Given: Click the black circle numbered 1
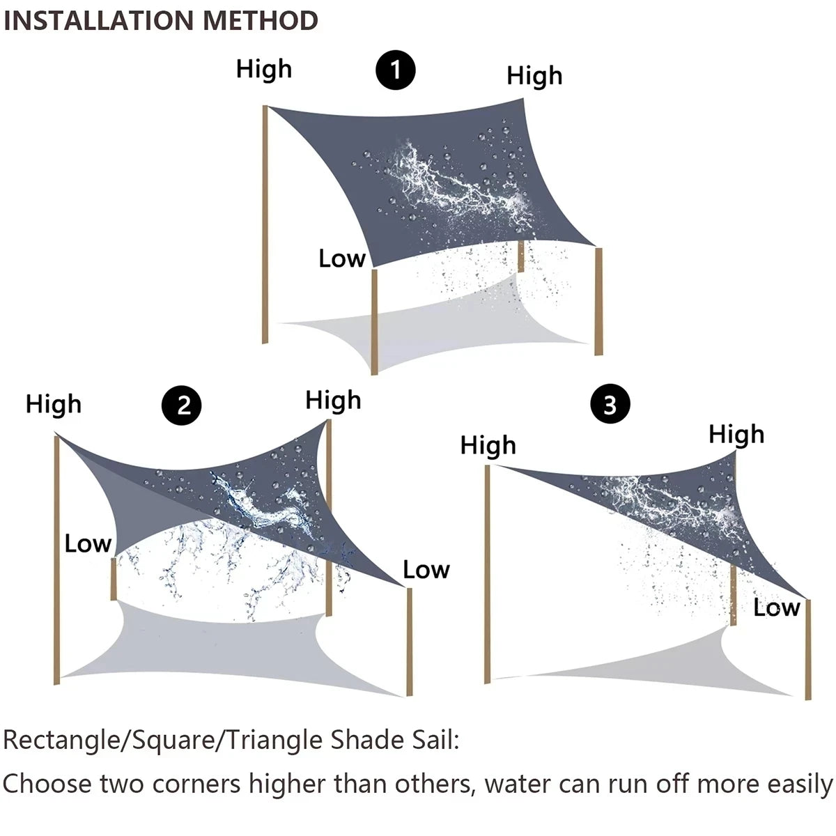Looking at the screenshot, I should point(396,70).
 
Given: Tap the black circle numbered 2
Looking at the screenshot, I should point(181,405).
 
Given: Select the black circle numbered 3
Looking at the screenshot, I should point(610,404).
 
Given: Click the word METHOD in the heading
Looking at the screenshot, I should point(261,21).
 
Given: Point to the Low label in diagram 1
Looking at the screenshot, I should point(341,258).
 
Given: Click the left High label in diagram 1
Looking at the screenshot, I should point(263,69).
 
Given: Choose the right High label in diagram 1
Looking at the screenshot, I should point(534,76).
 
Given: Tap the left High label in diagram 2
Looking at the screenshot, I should point(54,404).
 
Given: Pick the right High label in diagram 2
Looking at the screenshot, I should point(333,400).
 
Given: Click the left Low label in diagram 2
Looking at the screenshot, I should point(88,543).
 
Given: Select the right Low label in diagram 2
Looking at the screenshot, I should point(426,570).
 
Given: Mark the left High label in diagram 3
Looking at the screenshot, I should point(488,445).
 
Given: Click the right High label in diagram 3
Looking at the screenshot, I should point(736,434).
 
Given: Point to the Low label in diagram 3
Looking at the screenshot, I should point(776,607).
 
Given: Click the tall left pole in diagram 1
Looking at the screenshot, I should point(265,223).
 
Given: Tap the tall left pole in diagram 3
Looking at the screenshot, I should point(488,571).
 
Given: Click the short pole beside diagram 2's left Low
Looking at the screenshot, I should point(113,578).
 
